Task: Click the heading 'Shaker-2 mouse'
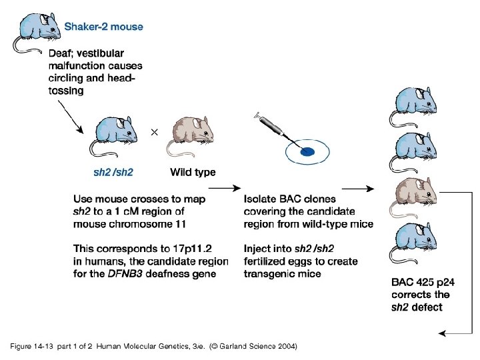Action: tap(103, 27)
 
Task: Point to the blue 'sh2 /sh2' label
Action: tap(113, 173)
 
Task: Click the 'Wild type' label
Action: tap(193, 173)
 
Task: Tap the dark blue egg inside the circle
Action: tap(307, 152)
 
